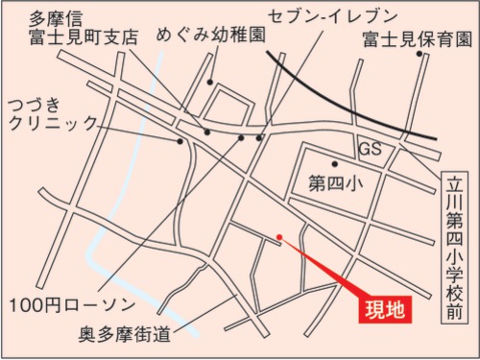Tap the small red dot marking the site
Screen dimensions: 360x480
pyautogui.click(x=279, y=236)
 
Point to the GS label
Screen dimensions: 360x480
pyautogui.click(x=371, y=150)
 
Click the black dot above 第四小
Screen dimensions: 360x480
pyautogui.click(x=334, y=164)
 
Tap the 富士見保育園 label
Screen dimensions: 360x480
pyautogui.click(x=418, y=39)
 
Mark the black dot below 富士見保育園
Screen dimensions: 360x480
pyautogui.click(x=420, y=54)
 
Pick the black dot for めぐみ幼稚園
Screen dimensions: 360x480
pyautogui.click(x=206, y=132)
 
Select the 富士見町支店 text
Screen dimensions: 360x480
pyautogui.click(x=83, y=38)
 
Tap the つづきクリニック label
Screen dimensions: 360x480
pyautogui.click(x=52, y=113)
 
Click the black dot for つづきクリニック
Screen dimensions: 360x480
pyautogui.click(x=180, y=141)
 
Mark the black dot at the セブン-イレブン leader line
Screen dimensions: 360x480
pyautogui.click(x=259, y=138)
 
